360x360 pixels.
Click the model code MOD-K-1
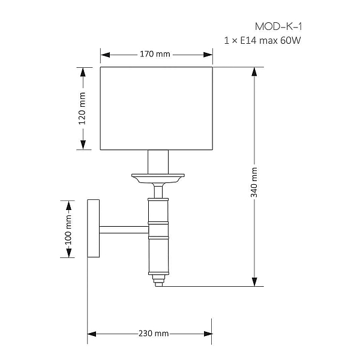tap(278, 26)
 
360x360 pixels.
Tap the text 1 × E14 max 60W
tap(262, 41)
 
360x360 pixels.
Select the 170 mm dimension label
tap(155, 54)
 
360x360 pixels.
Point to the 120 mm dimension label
tap(82, 109)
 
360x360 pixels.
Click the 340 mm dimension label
tap(254, 182)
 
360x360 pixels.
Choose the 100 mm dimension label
tap(68, 230)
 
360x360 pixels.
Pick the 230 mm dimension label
tap(154, 334)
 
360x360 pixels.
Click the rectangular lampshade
tap(157, 109)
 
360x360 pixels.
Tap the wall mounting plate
tap(93, 228)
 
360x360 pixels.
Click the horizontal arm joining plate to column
tap(124, 230)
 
